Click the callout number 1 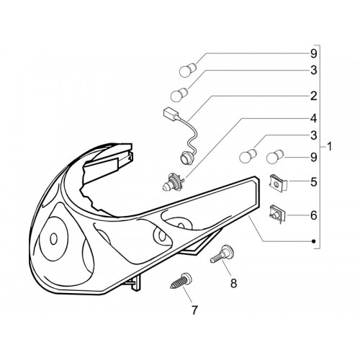click(330, 146)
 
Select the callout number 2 click(313, 96)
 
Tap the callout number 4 click(313, 119)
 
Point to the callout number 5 click(313, 182)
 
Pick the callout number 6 click(313, 215)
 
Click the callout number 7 click(194, 310)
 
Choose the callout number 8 click(233, 283)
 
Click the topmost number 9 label click(313, 54)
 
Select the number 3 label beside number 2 click(313, 70)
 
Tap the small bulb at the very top click(189, 70)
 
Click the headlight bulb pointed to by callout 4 click(173, 182)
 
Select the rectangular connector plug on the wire click(170, 114)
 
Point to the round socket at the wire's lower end click(185, 158)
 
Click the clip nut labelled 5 click(278, 184)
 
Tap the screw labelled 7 click(181, 281)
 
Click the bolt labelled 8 click(222, 254)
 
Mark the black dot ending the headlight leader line click(313, 241)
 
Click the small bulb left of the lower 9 click(276, 157)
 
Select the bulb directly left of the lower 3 click(248, 156)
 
